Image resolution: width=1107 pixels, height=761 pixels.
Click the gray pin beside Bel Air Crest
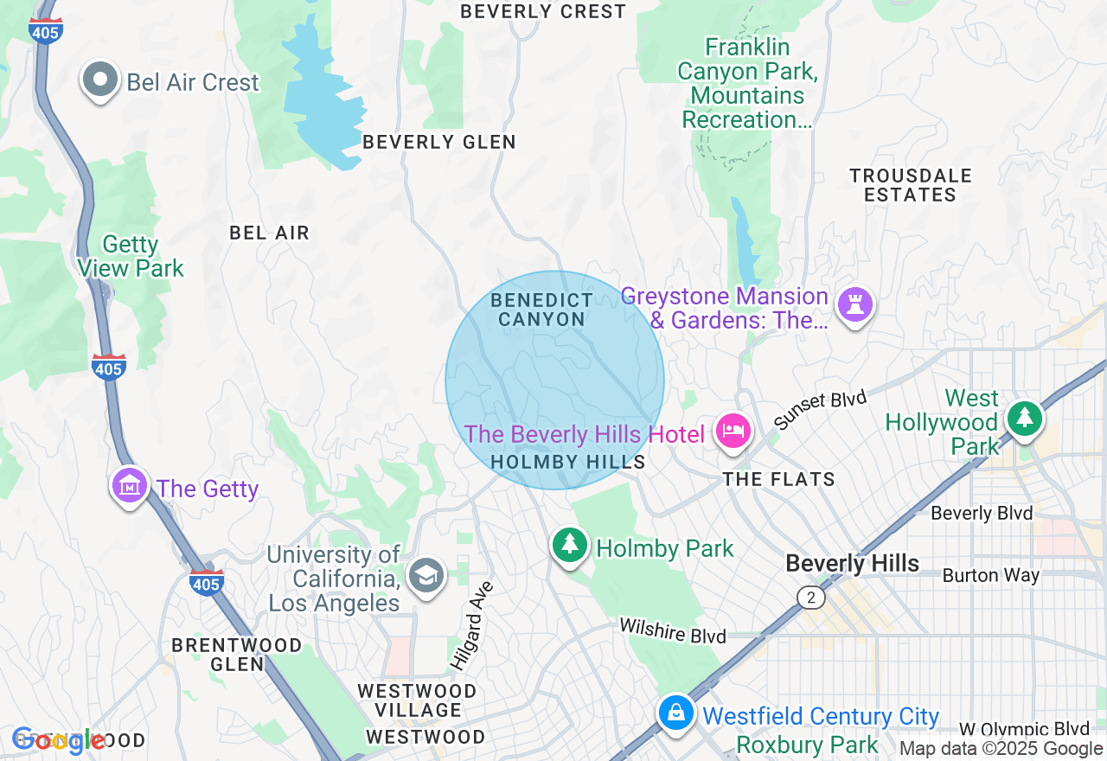pos(99,80)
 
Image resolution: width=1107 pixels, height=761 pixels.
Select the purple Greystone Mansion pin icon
pos(855,304)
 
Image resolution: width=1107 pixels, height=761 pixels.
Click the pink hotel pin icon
pos(733,431)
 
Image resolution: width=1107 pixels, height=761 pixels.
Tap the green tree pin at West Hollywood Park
pos(1025,419)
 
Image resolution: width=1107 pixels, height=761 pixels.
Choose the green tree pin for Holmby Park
pos(569,545)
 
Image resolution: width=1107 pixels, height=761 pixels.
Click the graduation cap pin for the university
pos(426,575)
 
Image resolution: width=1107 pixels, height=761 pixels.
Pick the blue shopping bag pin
pos(675,713)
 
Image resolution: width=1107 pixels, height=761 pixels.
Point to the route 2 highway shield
pos(810,598)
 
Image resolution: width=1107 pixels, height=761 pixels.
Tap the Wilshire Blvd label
pos(673,630)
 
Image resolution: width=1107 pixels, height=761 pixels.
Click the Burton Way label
pos(991,575)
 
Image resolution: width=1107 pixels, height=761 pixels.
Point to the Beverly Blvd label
pos(982,514)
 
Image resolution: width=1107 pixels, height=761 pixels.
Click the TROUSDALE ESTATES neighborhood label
pos(911,185)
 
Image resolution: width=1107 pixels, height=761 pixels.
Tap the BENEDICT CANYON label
pos(542,310)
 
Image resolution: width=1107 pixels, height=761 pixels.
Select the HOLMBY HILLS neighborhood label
pos(568,462)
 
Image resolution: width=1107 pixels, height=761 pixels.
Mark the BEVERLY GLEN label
pos(439,142)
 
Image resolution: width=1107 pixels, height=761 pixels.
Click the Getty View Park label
pos(131,257)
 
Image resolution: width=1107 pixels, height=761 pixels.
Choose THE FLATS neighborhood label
pos(779,479)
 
